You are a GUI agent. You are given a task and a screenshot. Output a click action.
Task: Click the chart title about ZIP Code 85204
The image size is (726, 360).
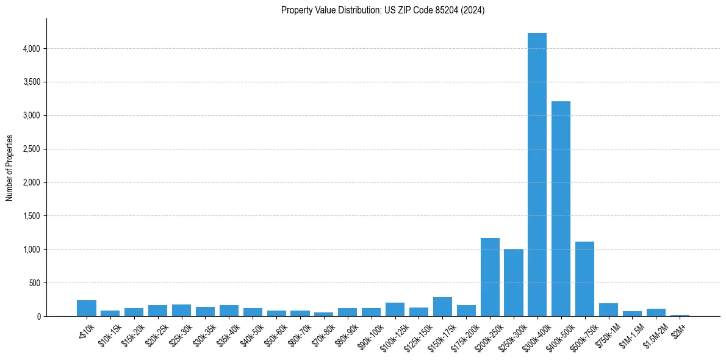(x=383, y=10)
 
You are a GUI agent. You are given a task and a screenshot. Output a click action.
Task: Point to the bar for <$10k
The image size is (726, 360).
(x=87, y=308)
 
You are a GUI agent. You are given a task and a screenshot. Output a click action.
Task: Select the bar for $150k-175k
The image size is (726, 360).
(x=442, y=307)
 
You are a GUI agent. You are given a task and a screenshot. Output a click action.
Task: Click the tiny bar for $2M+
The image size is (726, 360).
(x=680, y=315)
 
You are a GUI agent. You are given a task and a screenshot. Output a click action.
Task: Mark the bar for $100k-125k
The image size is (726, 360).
(x=395, y=309)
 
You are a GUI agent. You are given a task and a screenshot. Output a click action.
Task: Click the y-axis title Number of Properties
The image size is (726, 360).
(x=10, y=167)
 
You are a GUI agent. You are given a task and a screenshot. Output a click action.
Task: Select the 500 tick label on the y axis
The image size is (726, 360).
(x=34, y=283)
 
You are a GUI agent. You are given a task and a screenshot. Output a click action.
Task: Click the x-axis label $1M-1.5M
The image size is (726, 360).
(x=631, y=334)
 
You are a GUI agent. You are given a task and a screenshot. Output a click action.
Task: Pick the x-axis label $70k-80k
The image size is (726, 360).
(x=323, y=333)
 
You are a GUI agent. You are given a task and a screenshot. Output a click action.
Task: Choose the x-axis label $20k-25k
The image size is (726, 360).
(x=157, y=333)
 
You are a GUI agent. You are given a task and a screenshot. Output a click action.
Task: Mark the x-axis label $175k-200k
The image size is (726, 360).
(x=465, y=335)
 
